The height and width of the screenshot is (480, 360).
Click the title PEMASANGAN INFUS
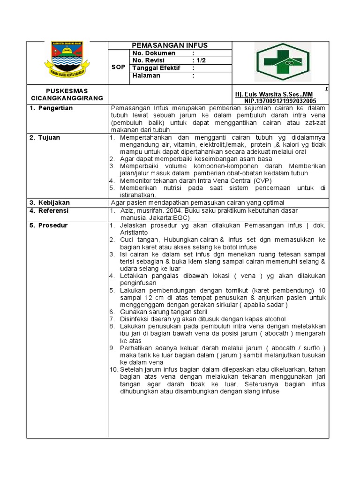click(169, 45)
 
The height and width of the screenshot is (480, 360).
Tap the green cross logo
click(282, 62)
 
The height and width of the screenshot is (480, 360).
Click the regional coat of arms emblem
click(67, 59)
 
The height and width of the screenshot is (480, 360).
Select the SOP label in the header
click(119, 67)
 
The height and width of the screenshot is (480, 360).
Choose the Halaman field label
click(146, 75)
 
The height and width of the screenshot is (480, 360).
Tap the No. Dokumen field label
click(154, 53)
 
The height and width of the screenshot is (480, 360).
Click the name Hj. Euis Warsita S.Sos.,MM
click(274, 94)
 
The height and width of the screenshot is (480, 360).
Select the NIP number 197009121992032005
click(280, 101)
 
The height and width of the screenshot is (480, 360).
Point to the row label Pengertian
click(55, 108)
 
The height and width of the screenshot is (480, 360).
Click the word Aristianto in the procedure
click(134, 232)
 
